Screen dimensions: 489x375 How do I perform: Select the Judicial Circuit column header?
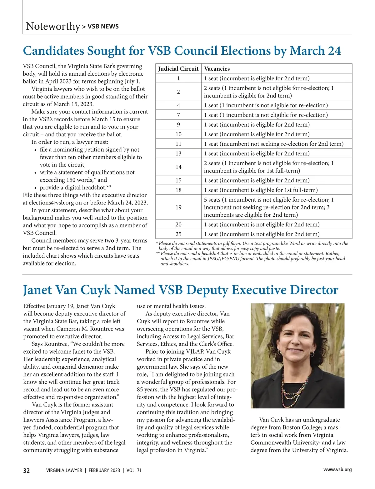(x=178, y=69)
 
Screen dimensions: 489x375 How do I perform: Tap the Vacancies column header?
(x=217, y=69)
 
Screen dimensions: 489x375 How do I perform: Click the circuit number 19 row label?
(x=178, y=207)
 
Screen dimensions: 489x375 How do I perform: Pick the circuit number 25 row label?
(x=178, y=234)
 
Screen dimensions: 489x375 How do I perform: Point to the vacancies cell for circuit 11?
(x=273, y=144)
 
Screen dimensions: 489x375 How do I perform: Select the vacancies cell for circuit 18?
(x=261, y=190)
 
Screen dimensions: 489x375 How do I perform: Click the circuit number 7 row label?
(x=178, y=115)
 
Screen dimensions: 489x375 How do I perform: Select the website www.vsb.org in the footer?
(x=337, y=470)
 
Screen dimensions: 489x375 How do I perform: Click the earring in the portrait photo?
(x=312, y=354)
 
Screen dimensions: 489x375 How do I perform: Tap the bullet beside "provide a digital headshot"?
(x=36, y=188)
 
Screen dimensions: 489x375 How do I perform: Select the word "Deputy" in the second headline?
(x=207, y=290)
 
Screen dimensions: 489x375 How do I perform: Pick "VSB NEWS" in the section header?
(x=103, y=27)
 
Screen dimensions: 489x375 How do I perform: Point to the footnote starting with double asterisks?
(x=250, y=259)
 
